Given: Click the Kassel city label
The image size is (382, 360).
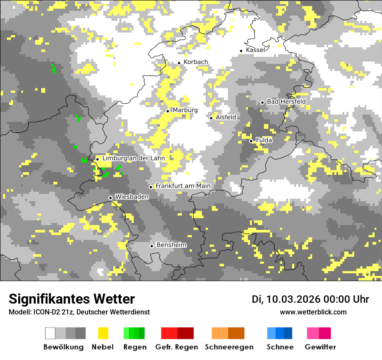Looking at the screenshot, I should [x=255, y=50].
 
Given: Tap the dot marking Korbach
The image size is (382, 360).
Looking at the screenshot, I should [x=179, y=63].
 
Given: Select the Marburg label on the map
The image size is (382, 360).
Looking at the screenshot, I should [x=185, y=110].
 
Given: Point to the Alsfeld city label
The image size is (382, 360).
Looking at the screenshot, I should [x=226, y=118].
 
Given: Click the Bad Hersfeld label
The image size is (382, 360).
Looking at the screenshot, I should [x=286, y=101].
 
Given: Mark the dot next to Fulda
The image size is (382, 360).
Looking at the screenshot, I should [x=251, y=141].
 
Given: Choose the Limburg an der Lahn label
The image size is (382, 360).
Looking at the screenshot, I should [x=133, y=159].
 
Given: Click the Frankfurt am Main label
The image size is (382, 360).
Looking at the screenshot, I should [x=183, y=186].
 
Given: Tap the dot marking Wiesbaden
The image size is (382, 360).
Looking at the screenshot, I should [x=111, y=198].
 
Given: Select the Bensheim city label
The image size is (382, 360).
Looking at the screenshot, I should [x=171, y=245].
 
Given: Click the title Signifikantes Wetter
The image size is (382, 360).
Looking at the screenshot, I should [x=72, y=299].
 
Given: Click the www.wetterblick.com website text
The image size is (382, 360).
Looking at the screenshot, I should [x=313, y=312].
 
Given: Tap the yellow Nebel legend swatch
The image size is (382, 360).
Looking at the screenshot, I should [x=103, y=333].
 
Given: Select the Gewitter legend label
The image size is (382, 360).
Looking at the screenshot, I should [x=320, y=347].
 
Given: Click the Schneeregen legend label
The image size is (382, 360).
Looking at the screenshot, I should [x=229, y=347].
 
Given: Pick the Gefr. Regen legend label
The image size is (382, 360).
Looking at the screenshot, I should [x=177, y=347].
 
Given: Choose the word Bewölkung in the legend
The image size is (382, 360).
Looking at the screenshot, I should [x=63, y=347].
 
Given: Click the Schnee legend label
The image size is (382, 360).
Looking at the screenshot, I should [x=280, y=347].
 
